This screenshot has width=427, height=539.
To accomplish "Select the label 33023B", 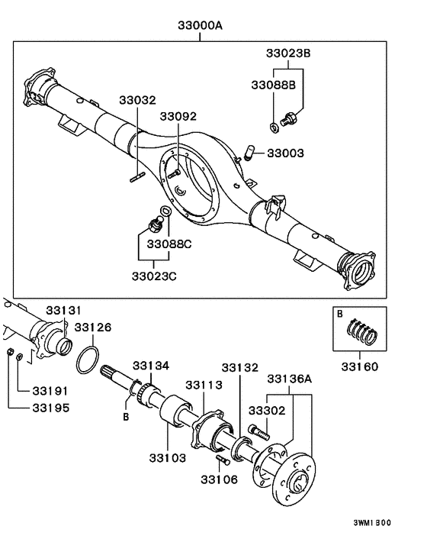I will (288, 54).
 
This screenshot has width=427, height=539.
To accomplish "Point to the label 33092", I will (178, 117).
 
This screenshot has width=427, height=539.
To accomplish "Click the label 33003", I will (285, 153).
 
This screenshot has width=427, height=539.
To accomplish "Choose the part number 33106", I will (220, 479).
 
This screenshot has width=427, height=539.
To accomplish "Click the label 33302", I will (269, 410).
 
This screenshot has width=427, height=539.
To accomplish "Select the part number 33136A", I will (288, 379).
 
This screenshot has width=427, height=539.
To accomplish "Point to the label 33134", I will (152, 366).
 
